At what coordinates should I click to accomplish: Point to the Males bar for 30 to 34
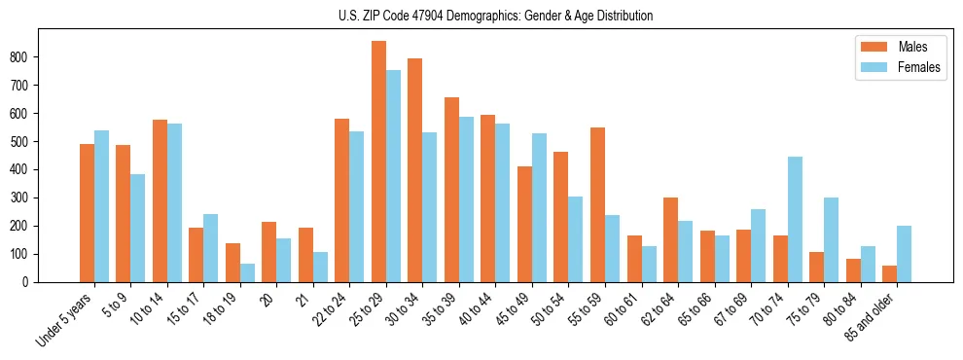point(415,170)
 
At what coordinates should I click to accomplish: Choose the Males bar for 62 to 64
point(670,239)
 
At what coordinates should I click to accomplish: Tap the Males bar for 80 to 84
point(853,270)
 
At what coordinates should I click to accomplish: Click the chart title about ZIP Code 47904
point(481,17)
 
